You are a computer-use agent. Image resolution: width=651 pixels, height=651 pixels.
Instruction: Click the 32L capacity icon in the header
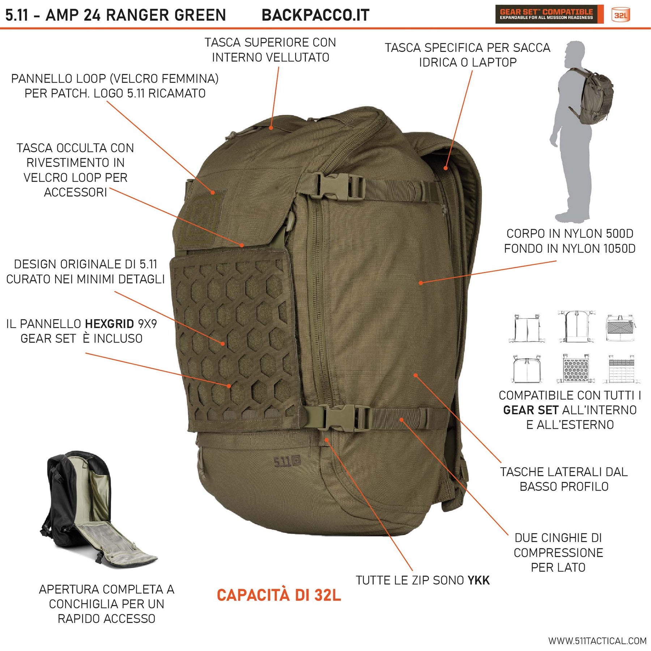point(621,15)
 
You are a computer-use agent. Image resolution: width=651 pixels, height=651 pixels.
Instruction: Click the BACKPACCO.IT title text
point(315,15)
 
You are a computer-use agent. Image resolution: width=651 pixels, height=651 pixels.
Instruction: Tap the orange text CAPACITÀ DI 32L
point(279,595)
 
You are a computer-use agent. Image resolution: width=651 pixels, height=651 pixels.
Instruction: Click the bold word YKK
point(478,580)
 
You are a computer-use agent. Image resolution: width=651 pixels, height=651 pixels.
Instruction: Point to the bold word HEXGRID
point(110,324)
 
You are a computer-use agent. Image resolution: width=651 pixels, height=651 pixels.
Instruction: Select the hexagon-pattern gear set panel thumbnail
point(576,368)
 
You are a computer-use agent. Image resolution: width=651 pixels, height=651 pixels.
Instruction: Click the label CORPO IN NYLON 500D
point(570,234)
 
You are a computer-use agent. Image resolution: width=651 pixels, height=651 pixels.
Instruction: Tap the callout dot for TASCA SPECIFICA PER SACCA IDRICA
point(446,168)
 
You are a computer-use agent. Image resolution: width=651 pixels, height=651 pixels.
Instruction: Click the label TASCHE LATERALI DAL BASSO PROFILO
point(564,479)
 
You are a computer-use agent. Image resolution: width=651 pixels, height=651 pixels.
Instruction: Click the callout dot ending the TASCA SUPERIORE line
point(271,128)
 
